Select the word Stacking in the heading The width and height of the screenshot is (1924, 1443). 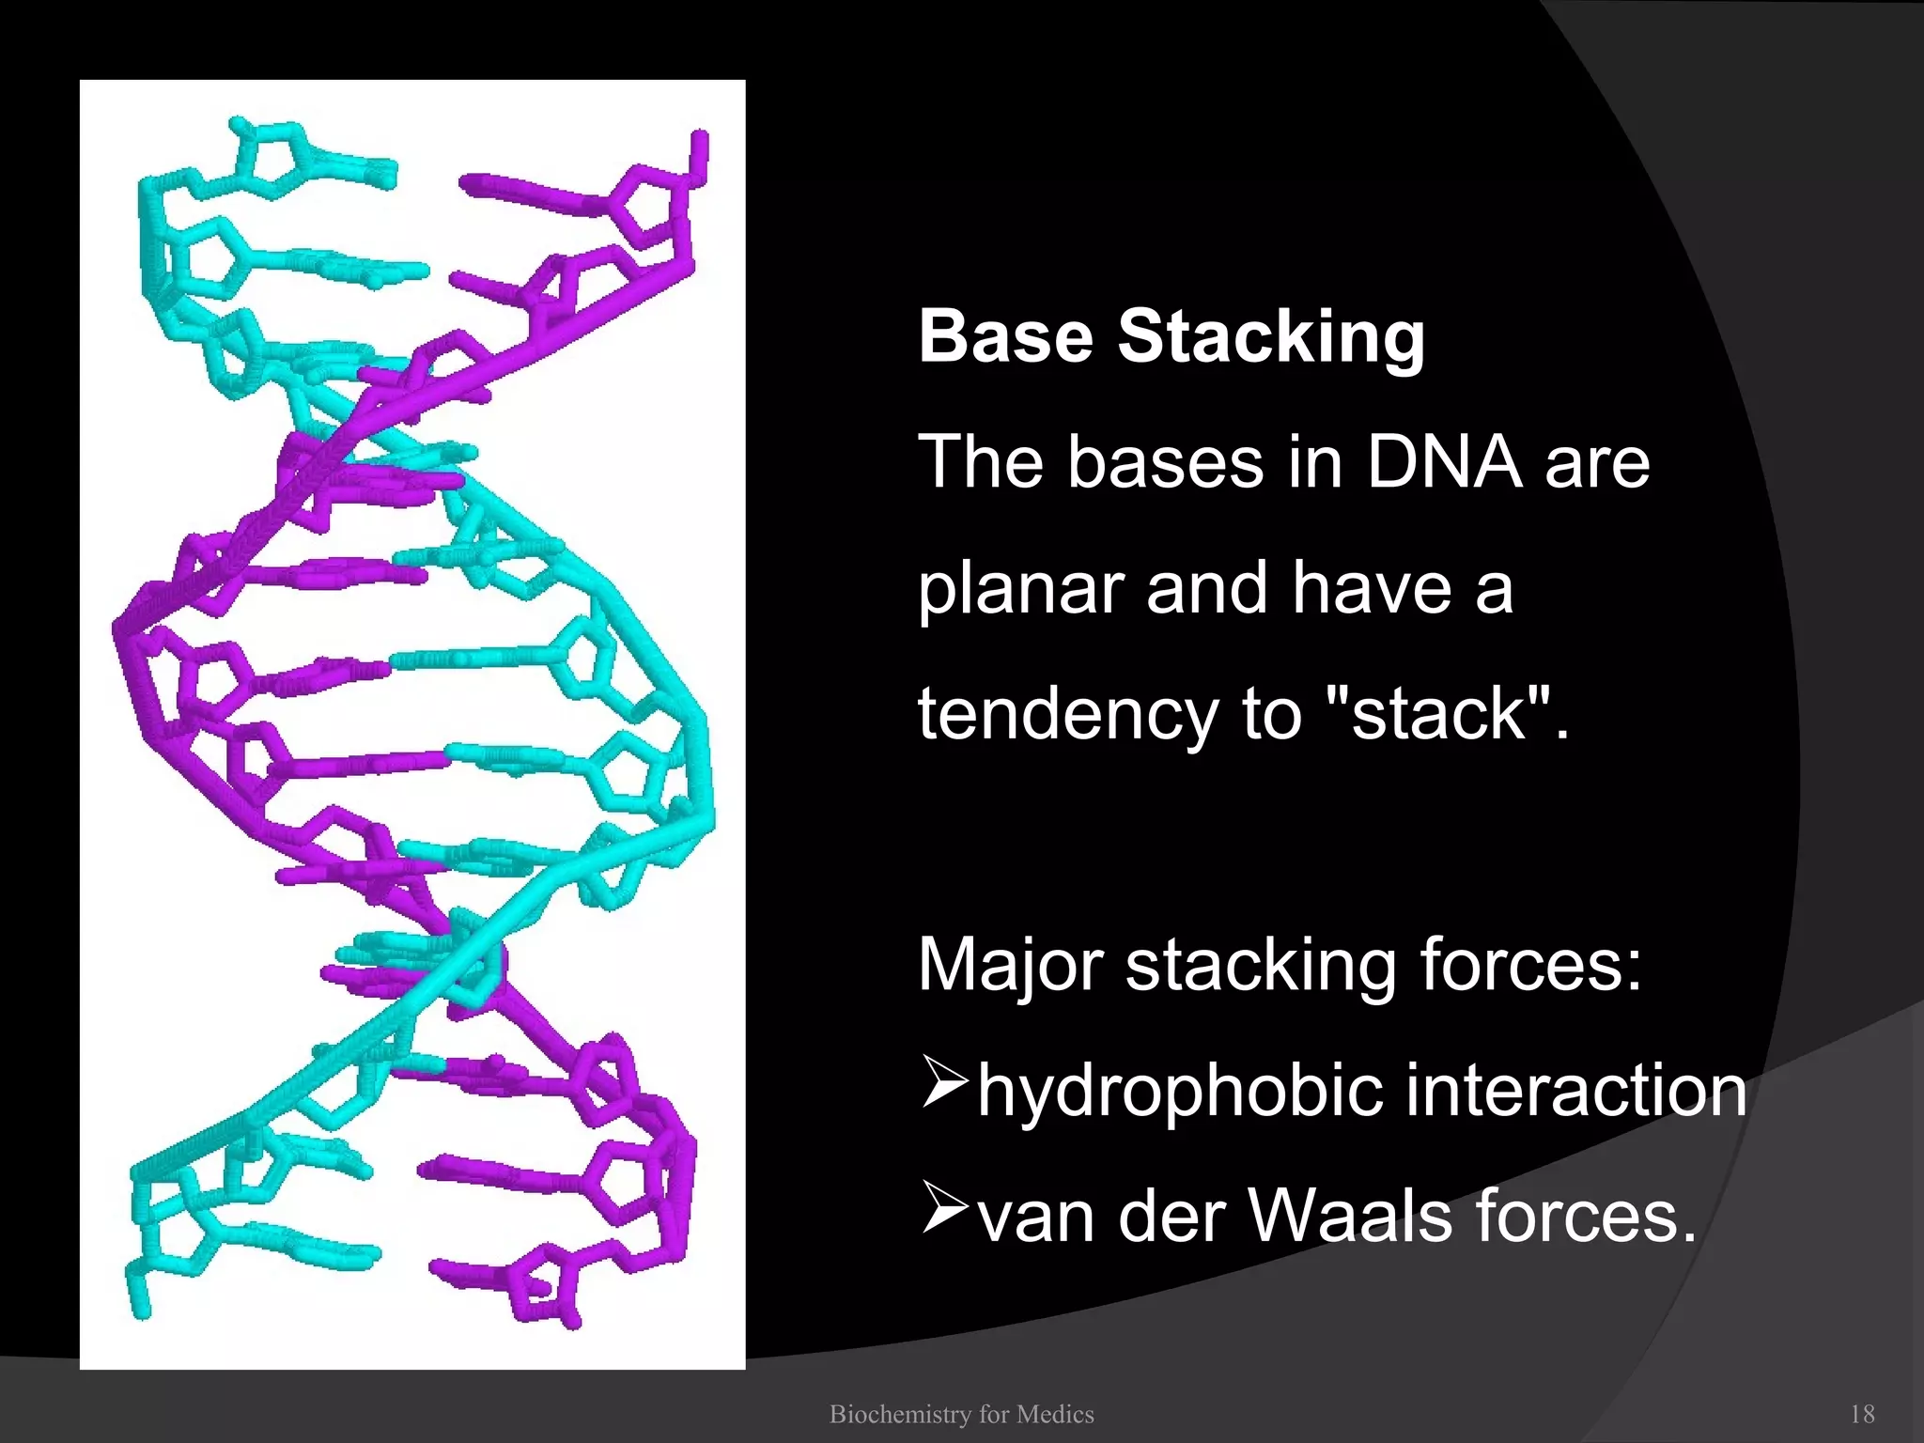point(1271,338)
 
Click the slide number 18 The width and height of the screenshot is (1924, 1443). point(1862,1414)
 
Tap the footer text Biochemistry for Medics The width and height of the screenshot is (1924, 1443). point(961,1414)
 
